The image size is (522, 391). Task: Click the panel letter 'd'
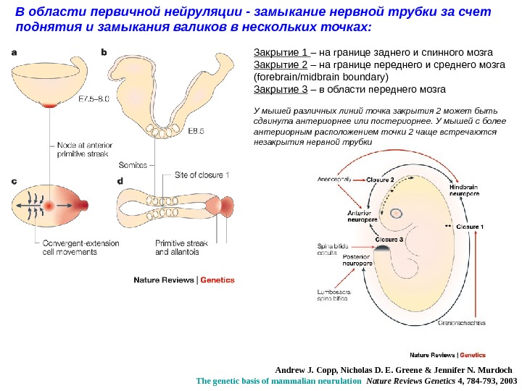click(120, 182)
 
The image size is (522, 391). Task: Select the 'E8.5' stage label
click(196, 131)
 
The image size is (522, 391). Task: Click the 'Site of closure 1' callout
click(202, 175)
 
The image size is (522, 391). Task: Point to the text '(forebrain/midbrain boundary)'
click(320, 77)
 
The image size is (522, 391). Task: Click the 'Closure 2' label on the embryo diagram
click(380, 179)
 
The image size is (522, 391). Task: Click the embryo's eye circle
click(397, 214)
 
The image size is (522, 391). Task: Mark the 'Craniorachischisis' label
click(461, 324)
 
